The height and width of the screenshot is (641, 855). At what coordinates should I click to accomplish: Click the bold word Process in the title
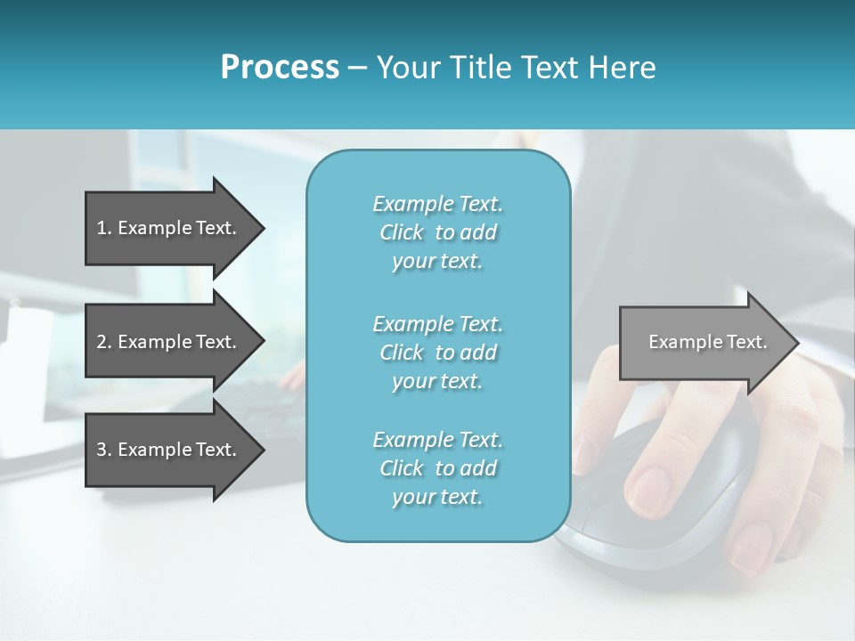click(280, 68)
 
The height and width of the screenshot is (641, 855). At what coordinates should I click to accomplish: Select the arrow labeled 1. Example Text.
click(169, 228)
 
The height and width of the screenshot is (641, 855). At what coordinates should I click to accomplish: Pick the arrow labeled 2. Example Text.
click(169, 342)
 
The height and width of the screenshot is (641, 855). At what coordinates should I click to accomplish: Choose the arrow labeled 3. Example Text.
click(169, 450)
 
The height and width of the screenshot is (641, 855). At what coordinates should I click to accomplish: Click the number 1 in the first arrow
click(102, 228)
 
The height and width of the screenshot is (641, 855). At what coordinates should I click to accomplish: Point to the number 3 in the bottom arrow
click(102, 450)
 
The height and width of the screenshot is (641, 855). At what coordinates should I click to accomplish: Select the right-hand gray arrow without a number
click(704, 342)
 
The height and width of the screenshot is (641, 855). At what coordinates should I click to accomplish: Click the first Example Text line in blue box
click(437, 204)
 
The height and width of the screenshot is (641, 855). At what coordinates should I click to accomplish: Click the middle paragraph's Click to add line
click(437, 353)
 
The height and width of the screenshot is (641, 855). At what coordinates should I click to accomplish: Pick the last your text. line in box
click(437, 497)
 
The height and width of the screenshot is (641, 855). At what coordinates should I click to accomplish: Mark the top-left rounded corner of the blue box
click(319, 163)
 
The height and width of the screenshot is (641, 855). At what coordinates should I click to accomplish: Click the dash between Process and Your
click(357, 68)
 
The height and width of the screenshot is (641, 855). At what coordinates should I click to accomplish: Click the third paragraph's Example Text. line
click(437, 440)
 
